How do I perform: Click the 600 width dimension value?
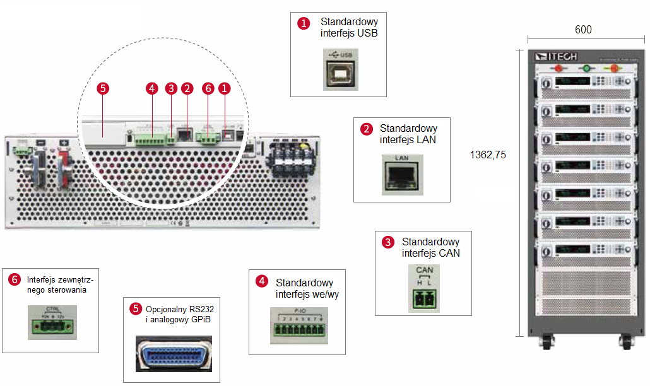[x=584, y=30]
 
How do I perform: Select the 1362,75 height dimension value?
[x=488, y=154]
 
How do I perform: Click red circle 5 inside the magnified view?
[x=104, y=89]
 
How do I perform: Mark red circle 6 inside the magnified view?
[x=208, y=89]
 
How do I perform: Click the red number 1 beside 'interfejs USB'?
[x=304, y=23]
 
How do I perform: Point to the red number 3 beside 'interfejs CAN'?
[x=387, y=242]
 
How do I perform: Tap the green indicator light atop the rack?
[x=586, y=68]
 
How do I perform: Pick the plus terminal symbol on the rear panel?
[x=64, y=143]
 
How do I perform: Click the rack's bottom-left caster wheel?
[x=543, y=344]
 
